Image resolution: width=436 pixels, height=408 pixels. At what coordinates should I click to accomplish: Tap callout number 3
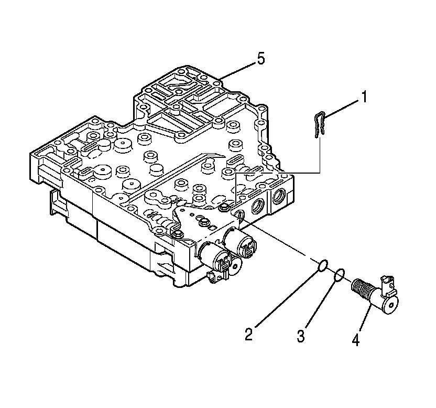point(301,336)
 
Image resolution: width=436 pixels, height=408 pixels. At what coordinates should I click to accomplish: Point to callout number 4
point(356,340)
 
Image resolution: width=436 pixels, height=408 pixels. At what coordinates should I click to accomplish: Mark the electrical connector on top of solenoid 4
point(388,283)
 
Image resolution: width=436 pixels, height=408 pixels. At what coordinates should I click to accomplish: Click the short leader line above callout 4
point(366,320)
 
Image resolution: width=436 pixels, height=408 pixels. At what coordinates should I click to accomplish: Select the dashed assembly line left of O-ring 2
point(283,242)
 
